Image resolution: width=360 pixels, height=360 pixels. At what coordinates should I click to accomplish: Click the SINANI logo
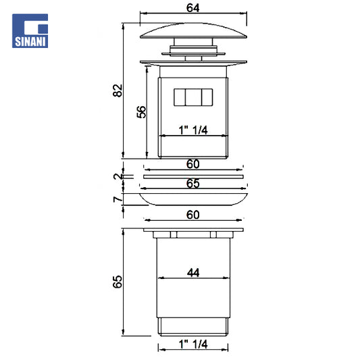30,31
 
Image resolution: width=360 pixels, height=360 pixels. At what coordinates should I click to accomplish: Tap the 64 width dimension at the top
193,8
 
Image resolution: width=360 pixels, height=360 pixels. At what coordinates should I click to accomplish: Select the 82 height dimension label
118,91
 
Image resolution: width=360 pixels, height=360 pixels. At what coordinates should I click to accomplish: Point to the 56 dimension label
141,112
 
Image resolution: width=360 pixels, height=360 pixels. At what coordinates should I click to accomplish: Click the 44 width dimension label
193,273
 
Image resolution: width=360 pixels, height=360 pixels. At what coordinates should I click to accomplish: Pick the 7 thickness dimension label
118,199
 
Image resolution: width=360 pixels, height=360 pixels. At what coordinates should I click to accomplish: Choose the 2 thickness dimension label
118,176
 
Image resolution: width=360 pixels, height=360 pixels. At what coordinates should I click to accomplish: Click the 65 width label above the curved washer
193,184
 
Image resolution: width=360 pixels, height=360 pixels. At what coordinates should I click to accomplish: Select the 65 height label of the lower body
118,282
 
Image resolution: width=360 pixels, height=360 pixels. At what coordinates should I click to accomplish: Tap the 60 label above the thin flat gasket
193,164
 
